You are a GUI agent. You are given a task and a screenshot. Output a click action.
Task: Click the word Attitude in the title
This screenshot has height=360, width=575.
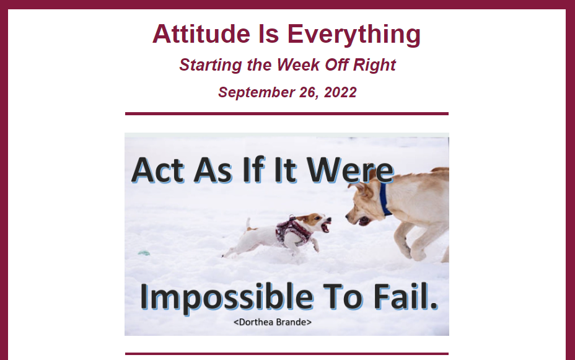(201, 33)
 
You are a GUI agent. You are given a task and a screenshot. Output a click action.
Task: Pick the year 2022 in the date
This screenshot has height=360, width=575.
(340, 92)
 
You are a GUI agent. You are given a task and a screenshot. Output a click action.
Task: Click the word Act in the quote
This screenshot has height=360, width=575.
(157, 170)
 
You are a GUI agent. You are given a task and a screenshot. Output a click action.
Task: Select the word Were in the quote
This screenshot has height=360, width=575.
(350, 170)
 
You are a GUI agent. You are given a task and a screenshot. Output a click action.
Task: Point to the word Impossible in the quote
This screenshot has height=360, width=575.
(227, 297)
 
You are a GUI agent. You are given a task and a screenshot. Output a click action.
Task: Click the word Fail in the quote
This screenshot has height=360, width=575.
(405, 296)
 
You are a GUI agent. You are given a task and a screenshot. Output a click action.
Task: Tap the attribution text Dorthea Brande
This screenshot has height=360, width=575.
(273, 322)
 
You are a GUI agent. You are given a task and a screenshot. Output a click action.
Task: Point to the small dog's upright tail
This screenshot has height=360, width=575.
(248, 223)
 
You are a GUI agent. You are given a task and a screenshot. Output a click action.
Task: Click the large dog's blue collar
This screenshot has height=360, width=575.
(384, 199)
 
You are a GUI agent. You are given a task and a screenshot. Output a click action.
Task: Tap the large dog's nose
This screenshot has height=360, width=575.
(347, 217)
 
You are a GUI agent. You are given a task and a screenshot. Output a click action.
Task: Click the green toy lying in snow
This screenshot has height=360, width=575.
(144, 253)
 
